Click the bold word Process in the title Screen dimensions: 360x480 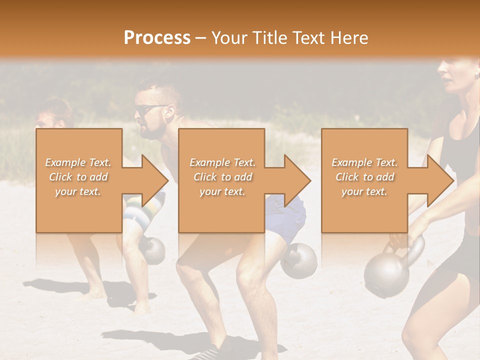[x=157, y=37]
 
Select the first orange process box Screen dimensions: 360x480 [x=78, y=180]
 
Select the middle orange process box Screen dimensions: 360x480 [x=221, y=180]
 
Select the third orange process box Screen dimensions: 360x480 [x=364, y=180]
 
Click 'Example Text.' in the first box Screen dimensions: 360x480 [x=78, y=162]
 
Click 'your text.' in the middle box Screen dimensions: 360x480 [x=221, y=192]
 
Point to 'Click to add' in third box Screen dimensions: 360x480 [x=364, y=177]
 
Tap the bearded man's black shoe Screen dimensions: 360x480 [x=207, y=353]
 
